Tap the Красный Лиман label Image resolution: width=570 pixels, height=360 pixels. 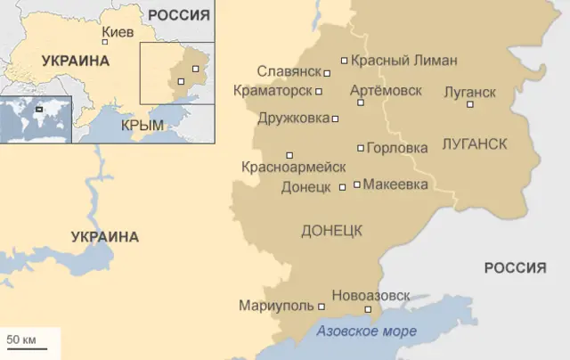coord(403,61)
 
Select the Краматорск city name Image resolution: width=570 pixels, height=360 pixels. coord(273,91)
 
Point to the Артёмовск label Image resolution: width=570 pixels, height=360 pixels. coord(386,90)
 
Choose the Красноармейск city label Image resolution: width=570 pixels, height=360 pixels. coord(294,167)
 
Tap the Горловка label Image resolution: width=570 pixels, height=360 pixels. coord(397,148)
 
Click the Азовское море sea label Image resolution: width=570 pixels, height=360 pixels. coord(366,332)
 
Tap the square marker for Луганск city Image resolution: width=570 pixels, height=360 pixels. coord(470,104)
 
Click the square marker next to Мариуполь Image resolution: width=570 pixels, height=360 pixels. coord(322,306)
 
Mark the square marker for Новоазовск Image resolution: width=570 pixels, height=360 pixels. coord(368,309)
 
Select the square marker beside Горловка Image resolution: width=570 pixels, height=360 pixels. coord(360,148)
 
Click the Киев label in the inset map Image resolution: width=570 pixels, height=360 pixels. coord(118,32)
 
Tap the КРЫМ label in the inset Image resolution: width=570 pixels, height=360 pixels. coord(142,125)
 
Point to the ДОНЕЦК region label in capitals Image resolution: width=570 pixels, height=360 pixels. coord(331,231)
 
